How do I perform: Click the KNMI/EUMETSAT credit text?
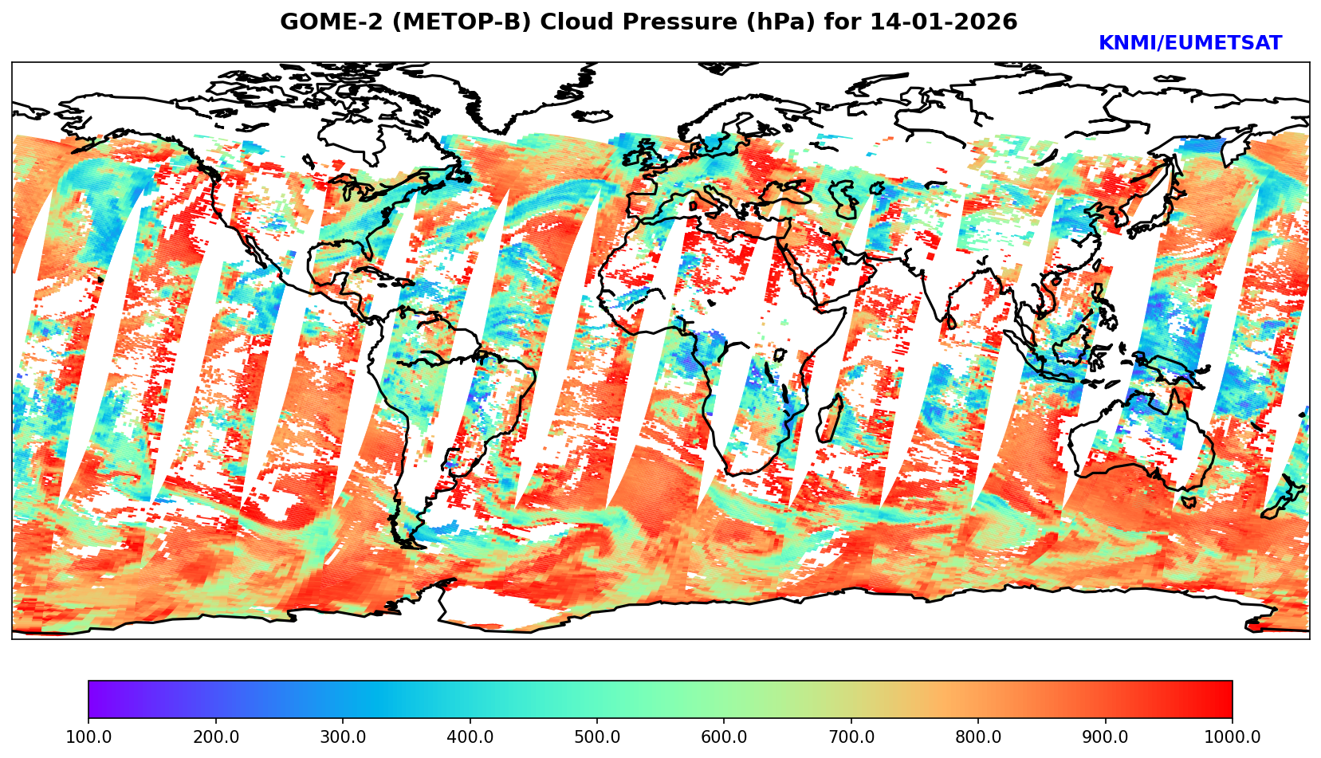tap(1189, 44)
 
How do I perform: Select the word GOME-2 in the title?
tap(318, 22)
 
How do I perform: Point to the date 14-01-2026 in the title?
tap(944, 22)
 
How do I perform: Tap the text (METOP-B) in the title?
tap(447, 22)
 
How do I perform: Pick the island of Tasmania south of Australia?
tap(1189, 502)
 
